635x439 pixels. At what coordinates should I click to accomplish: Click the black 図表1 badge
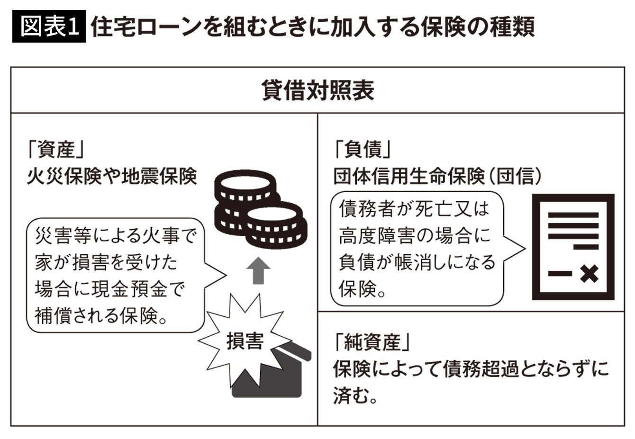point(49,27)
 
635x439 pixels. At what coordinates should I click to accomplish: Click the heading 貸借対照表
point(318,90)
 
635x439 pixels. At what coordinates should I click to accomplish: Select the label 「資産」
point(56,149)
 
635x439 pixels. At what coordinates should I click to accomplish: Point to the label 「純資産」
point(372,342)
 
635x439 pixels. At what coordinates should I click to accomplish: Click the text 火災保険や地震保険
point(112,176)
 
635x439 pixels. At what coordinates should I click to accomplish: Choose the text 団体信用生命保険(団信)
point(437,176)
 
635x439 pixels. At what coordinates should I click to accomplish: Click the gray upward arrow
point(258,270)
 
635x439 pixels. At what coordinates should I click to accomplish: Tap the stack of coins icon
point(261,209)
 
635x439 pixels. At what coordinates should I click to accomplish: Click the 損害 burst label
point(245,341)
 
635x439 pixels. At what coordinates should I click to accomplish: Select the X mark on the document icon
point(590,274)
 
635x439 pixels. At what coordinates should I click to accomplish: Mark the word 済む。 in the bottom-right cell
point(355,395)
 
